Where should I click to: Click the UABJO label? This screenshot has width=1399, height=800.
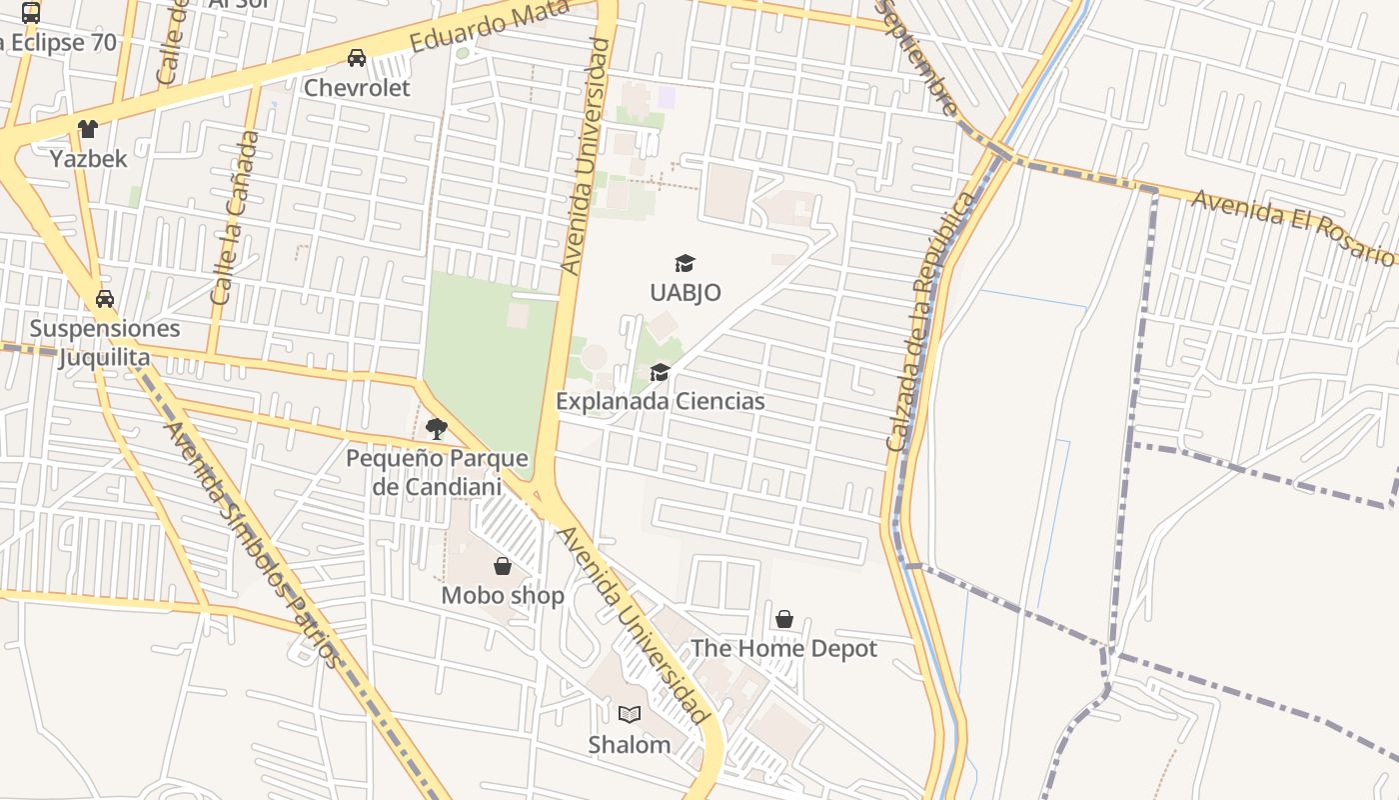pos(685,293)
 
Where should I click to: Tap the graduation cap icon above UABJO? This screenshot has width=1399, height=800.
pos(685,263)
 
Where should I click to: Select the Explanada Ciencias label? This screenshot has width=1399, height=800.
pos(660,401)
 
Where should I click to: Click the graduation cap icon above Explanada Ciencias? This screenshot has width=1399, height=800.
pos(660,373)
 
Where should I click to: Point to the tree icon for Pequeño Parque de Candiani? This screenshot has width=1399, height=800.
pos(436,429)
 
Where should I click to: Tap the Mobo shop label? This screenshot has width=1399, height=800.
pos(503,596)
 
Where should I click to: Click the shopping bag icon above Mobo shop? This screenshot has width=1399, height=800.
pos(503,567)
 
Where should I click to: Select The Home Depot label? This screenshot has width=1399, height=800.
pos(783,648)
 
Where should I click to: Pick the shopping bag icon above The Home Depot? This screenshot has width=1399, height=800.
pos(784,619)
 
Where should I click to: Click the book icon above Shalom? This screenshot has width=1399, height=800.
pos(629,714)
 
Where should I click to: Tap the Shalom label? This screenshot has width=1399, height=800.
pos(629,745)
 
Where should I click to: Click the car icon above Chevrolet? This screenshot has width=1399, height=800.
pos(357,58)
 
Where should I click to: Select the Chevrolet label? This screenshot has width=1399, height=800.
pos(357,88)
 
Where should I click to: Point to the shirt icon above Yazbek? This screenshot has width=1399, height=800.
pos(88,129)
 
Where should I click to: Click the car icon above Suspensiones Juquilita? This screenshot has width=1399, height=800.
pos(105,299)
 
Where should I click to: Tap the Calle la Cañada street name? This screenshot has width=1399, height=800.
pos(236,218)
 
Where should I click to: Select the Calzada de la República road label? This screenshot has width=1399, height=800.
pos(929,320)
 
